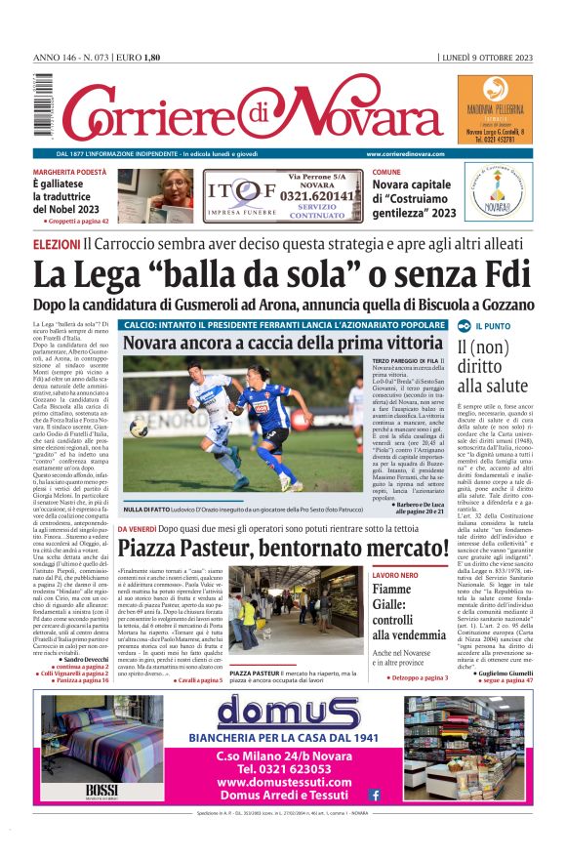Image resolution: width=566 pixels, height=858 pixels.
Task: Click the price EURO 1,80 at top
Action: click(x=138, y=57)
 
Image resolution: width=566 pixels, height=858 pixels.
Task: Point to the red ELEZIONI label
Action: click(x=56, y=243)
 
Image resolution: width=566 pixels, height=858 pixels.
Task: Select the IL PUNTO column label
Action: click(x=495, y=326)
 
